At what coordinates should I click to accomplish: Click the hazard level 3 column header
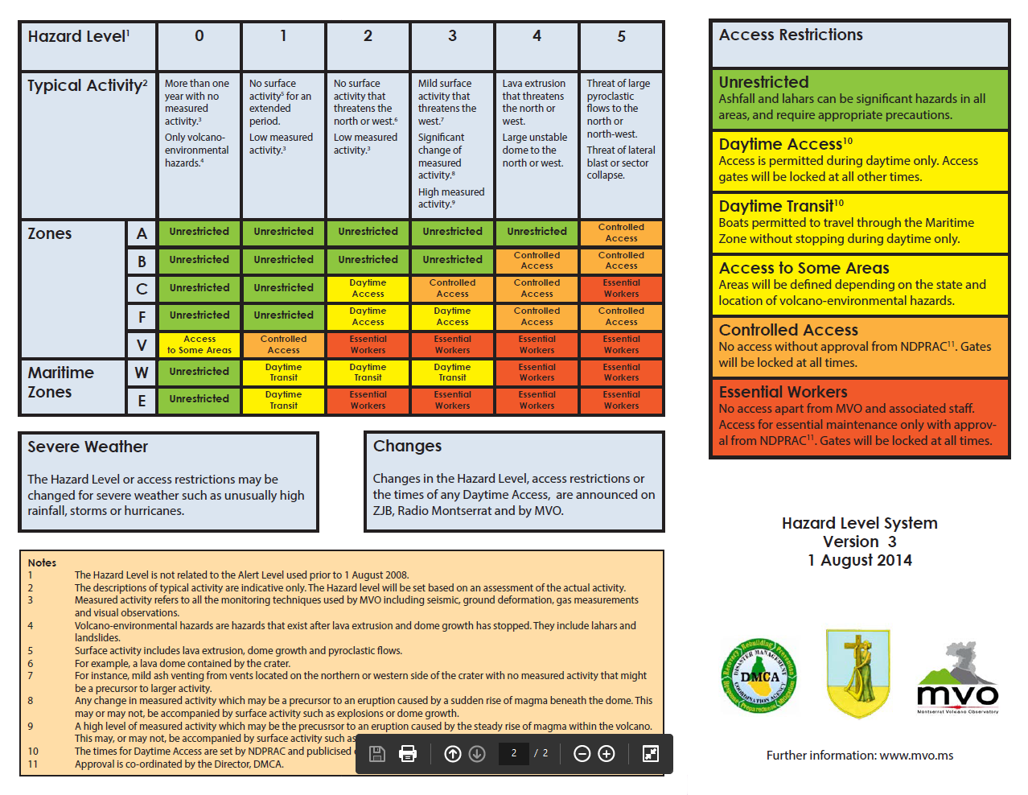452,37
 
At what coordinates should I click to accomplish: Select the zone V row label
142,344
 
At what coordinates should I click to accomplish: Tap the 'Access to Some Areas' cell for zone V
199,344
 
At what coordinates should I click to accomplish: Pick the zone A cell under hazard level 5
621,233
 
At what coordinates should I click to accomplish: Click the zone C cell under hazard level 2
368,288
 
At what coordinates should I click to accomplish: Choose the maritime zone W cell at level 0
199,372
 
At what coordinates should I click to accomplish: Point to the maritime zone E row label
142,400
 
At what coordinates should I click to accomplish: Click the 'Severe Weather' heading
88,447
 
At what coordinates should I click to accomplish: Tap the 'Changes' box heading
407,446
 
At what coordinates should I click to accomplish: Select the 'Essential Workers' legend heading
783,392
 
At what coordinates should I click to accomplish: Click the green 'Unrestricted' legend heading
763,82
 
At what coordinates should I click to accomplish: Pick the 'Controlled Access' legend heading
788,330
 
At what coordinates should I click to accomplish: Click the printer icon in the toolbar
408,753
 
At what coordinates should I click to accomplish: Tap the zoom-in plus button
607,753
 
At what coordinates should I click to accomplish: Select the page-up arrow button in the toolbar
453,753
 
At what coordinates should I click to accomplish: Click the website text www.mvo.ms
916,756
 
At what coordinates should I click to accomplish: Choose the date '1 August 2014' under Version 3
860,560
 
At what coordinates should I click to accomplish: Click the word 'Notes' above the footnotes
42,562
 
